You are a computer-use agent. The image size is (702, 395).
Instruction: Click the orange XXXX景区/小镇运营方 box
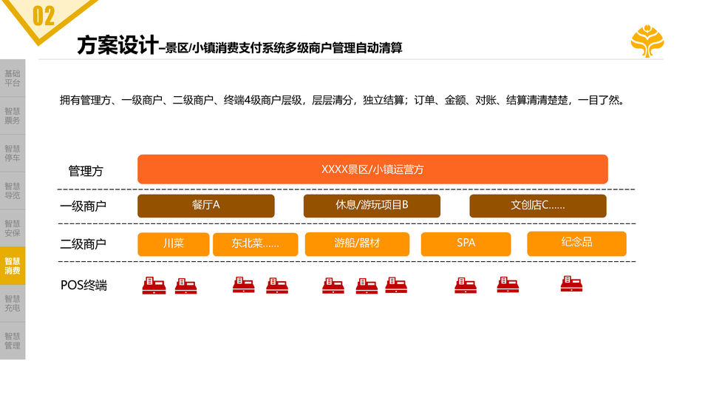372,169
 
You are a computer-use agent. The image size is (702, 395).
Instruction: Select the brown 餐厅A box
205,206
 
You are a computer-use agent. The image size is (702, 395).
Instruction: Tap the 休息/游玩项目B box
372,206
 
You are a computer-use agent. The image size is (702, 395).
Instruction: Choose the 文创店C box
537,206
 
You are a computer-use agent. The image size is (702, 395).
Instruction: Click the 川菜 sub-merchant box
173,244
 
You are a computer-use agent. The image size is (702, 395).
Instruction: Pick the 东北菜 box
255,244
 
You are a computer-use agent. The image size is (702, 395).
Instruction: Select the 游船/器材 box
357,243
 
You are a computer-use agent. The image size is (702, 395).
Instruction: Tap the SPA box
466,243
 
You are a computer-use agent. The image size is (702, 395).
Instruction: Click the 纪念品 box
576,243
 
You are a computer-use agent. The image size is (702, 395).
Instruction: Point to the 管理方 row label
86,171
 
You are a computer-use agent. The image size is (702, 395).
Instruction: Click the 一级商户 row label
83,206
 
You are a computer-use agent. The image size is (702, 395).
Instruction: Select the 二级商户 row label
83,244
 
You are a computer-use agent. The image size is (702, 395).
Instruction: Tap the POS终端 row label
84,285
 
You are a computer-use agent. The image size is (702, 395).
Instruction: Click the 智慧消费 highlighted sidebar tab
13,266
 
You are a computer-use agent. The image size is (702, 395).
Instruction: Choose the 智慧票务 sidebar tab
13,115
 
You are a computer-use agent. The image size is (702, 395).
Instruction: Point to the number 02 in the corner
44,16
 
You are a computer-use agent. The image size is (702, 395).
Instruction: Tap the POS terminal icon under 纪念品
571,284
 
